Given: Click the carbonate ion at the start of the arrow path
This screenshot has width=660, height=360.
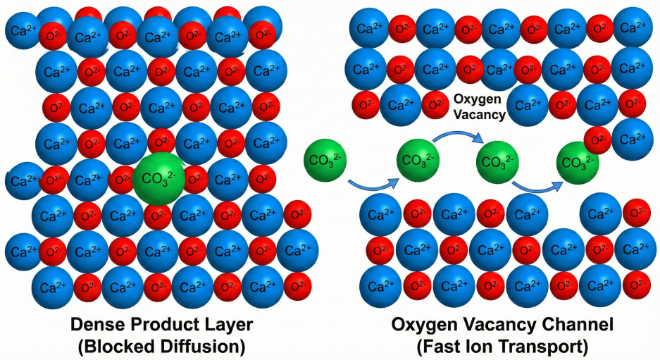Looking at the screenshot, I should [325, 161].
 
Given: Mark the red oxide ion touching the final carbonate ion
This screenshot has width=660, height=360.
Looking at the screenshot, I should [597, 140].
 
